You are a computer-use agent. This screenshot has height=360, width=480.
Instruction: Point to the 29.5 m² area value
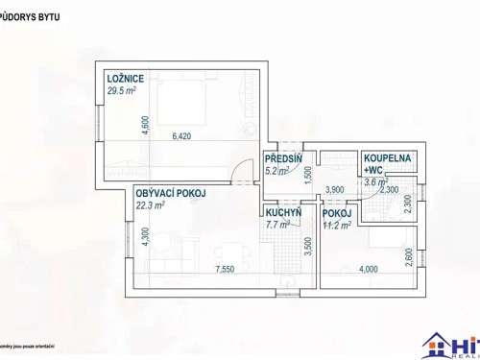point(123,91)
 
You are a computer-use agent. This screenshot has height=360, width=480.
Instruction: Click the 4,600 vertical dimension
point(145,127)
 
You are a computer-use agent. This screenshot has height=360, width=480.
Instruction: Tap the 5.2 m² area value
point(277,173)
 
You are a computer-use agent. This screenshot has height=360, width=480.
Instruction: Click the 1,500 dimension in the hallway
point(307,175)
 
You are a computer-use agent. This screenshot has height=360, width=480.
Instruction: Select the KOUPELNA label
point(387,158)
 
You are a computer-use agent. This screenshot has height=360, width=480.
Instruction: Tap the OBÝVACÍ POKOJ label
point(172,193)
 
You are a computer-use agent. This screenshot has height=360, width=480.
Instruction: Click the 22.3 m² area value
point(151,204)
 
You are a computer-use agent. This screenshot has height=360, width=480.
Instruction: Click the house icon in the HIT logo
point(437,343)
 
